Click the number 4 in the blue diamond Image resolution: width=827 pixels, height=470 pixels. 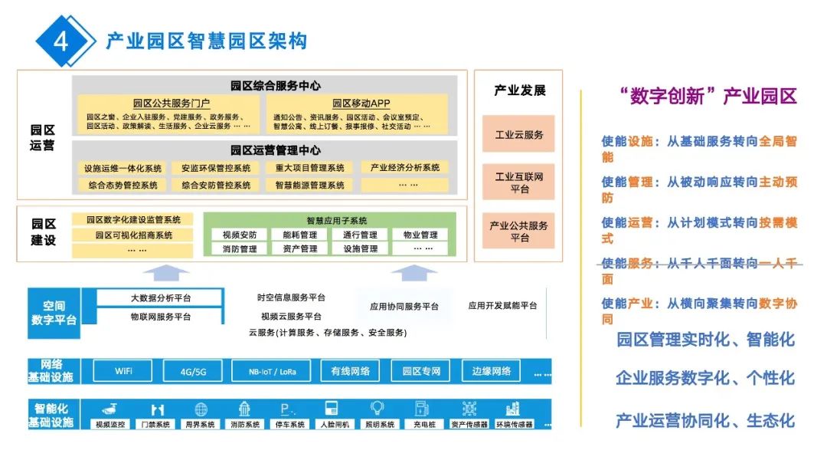click(x=60, y=40)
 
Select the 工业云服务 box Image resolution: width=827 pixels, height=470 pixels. click(x=518, y=134)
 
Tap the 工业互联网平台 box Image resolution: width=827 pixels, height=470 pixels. click(x=518, y=182)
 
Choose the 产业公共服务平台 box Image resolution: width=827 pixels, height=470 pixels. click(x=518, y=232)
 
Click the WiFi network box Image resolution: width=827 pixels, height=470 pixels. click(x=123, y=371)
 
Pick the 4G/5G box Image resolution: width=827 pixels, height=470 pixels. click(x=193, y=372)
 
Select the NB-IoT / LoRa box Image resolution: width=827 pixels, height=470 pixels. click(x=273, y=372)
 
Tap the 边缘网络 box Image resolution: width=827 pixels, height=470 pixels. click(x=491, y=371)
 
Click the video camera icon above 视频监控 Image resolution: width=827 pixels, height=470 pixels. click(x=113, y=409)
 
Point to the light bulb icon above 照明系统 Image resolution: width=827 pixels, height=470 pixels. click(x=377, y=409)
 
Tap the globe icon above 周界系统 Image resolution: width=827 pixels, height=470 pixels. click(x=201, y=409)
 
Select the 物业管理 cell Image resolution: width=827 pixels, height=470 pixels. click(x=420, y=235)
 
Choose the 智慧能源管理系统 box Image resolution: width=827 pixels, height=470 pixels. click(x=309, y=185)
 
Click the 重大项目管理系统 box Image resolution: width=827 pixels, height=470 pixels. click(x=309, y=168)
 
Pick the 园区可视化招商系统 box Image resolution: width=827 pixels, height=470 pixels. click(x=133, y=235)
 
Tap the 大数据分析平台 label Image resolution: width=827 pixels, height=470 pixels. click(x=161, y=298)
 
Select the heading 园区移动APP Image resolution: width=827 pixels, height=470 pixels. click(x=361, y=104)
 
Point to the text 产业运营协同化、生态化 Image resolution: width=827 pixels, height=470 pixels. click(x=705, y=421)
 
